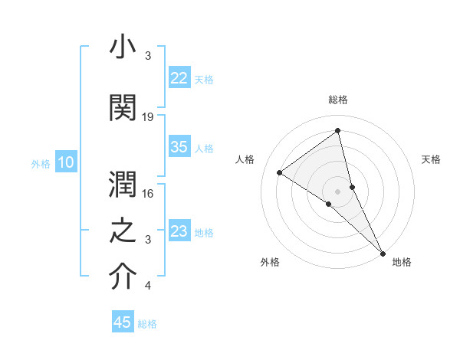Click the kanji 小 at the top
tap(123, 47)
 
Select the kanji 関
tap(123, 107)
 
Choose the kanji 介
tap(123, 277)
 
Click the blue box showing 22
tap(179, 77)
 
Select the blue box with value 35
tap(179, 147)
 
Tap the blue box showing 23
tap(179, 231)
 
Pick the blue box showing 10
tap(66, 162)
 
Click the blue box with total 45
tap(123, 322)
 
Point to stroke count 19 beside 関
tap(148, 116)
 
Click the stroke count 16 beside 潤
tap(148, 194)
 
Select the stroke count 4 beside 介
tap(148, 286)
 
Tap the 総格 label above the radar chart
tap(337, 100)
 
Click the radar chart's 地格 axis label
tap(402, 262)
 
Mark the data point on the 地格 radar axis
tap(383, 252)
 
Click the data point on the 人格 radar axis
tap(280, 172)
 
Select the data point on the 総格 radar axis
tap(337, 131)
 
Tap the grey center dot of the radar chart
tap(337, 191)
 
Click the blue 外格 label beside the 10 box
tap(41, 163)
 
